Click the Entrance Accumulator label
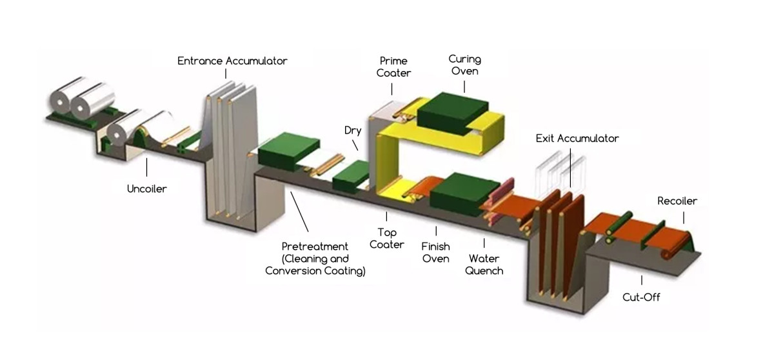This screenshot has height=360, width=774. coord(232,61)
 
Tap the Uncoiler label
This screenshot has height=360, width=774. coord(147,188)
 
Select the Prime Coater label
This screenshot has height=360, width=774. coord(393,68)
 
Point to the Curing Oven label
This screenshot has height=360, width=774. coord(464,65)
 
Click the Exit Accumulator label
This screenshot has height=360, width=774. coord(577,138)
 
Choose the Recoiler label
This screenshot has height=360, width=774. coord(677,201)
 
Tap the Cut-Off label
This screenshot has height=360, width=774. coord(641,297)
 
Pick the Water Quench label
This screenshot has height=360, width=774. coord(484,264)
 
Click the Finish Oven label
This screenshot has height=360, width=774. coord(435,252)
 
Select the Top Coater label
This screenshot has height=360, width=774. coord(387,238)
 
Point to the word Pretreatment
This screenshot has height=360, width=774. coord(315,246)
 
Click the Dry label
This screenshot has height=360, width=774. coord(352,130)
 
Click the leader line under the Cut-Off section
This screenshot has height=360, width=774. coord(641,280)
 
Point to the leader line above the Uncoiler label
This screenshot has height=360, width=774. coord(147,168)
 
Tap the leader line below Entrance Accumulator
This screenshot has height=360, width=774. coord(226,74)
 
